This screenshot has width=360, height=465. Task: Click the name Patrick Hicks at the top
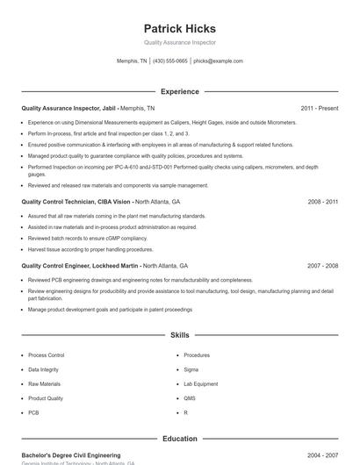tap(179, 29)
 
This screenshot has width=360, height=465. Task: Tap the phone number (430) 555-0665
tap(169, 61)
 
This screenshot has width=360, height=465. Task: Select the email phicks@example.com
tap(218, 61)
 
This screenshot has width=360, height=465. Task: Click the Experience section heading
tap(179, 91)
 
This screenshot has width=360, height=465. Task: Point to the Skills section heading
tap(179, 335)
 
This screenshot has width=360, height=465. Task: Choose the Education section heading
tap(179, 439)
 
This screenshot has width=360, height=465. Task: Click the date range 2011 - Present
tap(319, 108)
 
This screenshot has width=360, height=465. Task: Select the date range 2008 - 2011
tap(322, 202)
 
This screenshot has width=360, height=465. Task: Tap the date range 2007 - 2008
tap(322, 266)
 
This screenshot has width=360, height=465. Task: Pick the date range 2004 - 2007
tap(322, 456)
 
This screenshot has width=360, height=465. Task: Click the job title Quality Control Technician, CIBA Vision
tap(76, 202)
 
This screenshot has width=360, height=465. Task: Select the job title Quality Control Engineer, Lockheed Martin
tap(81, 266)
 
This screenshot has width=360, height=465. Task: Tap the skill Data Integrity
tap(44, 369)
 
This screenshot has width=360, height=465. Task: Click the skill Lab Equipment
tap(200, 383)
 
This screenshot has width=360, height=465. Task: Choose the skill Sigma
tap(191, 369)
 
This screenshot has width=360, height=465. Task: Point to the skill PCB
tap(33, 412)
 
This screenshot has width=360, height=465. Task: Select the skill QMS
tap(190, 398)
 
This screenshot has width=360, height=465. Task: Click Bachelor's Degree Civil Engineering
tap(70, 456)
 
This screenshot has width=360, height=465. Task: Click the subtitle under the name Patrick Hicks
tap(179, 42)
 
